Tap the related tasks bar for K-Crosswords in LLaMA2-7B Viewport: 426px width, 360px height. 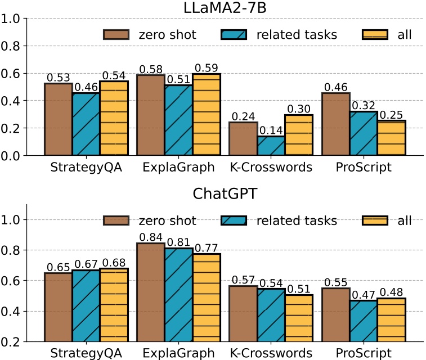271,145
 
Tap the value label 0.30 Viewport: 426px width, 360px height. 298,108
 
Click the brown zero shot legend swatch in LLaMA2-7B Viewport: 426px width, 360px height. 116,35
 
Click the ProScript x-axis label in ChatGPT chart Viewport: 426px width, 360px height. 364,353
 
